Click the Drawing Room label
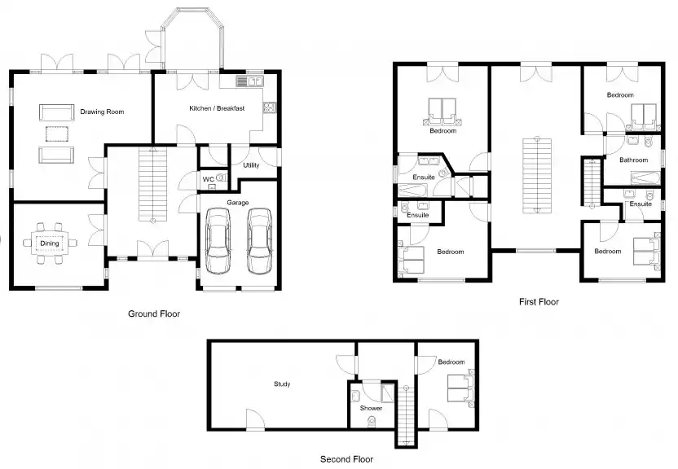click(102, 112)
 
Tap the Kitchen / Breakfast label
click(217, 108)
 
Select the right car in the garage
click(259, 240)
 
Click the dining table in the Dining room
click(51, 242)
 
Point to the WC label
click(208, 179)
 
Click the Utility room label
click(251, 165)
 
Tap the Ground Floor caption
click(154, 313)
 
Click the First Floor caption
click(539, 302)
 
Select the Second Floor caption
click(346, 459)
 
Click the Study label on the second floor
click(282, 384)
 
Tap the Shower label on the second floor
click(360, 409)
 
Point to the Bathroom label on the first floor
click(633, 160)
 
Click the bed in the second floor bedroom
click(458, 389)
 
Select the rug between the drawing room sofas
click(55, 133)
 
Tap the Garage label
click(238, 202)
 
